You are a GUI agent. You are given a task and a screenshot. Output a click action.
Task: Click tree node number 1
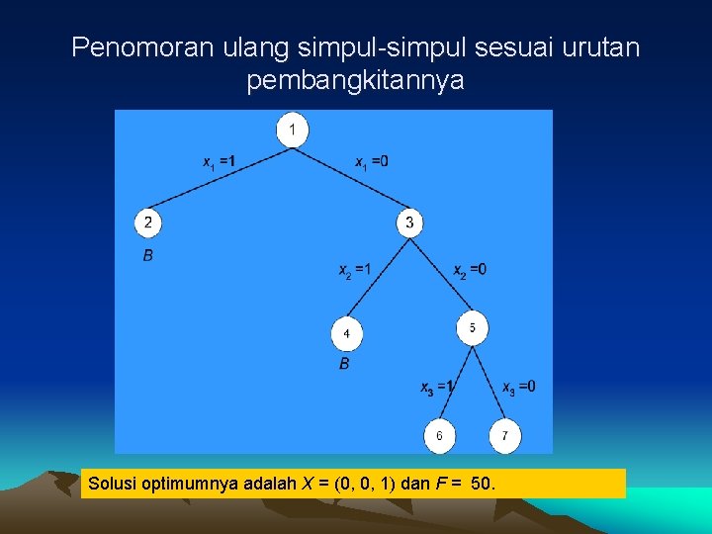point(292,130)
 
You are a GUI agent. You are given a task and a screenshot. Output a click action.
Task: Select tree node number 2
point(147,222)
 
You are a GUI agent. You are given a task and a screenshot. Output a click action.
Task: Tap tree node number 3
point(409,222)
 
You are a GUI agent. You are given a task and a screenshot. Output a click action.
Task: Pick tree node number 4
point(346,333)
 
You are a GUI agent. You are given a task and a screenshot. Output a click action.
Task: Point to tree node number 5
point(472,327)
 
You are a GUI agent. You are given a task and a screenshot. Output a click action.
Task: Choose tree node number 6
point(439,435)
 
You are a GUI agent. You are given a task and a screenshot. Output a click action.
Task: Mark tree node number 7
point(504,435)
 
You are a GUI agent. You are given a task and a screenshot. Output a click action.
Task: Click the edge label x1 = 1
point(219,161)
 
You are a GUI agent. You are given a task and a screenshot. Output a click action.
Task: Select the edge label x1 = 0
point(371,161)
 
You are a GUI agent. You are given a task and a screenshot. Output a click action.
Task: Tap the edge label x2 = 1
point(355,270)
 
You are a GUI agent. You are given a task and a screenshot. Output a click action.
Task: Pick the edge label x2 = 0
point(470,270)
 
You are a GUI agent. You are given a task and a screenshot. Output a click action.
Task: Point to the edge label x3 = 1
point(436,387)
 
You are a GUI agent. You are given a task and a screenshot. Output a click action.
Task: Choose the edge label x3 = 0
point(519,387)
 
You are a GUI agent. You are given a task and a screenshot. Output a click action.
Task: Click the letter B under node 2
point(147,256)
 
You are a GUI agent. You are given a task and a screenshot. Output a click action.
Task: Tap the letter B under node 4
point(344,364)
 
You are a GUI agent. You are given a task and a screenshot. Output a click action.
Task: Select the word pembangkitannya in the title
point(355,81)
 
